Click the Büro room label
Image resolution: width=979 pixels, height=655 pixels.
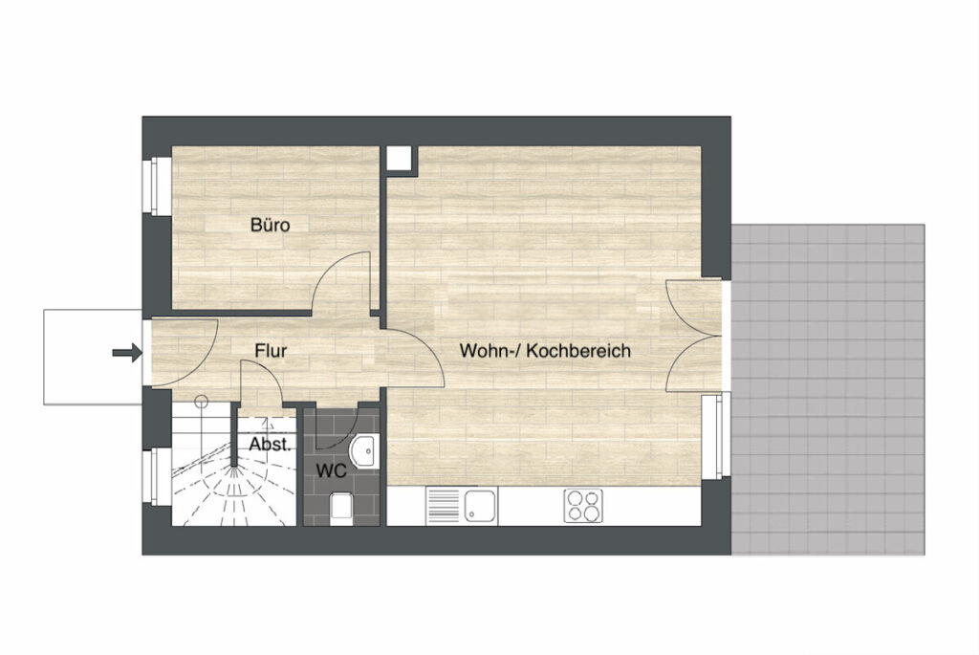[270, 225]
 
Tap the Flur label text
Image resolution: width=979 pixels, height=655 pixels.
[271, 350]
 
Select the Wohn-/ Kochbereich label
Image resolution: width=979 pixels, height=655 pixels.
[545, 350]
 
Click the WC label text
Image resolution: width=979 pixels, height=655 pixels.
[331, 470]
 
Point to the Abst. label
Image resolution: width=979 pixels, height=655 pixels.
[270, 445]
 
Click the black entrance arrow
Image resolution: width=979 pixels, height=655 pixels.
[127, 353]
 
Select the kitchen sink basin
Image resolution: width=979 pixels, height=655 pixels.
[480, 506]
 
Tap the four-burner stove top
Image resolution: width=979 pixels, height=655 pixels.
[583, 506]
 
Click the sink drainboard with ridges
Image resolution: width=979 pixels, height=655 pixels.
[444, 506]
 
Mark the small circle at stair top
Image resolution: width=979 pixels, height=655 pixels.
[201, 402]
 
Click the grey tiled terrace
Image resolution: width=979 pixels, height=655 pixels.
[828, 389]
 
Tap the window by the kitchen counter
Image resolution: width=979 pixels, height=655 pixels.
[716, 436]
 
